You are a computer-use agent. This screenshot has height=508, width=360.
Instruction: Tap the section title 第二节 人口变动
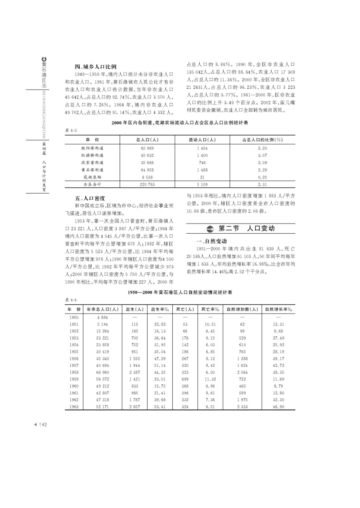coord(247,228)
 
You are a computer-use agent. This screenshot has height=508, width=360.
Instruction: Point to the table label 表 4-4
coord(70,300)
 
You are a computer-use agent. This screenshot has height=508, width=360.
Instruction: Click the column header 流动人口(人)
coord(202,140)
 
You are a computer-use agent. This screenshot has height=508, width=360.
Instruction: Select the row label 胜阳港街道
coord(92,148)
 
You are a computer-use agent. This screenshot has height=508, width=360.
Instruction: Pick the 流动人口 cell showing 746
coord(202,163)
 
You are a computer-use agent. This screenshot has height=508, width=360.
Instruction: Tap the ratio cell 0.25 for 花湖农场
coord(262,177)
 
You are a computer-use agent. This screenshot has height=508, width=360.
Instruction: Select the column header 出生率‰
coord(160,309)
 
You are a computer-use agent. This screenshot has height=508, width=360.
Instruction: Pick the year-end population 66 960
coord(102,372)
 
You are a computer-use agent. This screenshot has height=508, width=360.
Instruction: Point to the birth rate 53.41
coord(160,406)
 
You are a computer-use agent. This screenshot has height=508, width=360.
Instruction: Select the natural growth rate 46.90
coord(278,406)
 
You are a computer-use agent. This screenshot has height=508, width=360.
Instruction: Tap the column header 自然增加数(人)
coord(242,309)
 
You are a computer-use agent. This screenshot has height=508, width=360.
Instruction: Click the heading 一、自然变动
coord(212,241)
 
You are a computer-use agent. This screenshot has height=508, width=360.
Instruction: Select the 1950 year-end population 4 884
coord(102,317)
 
